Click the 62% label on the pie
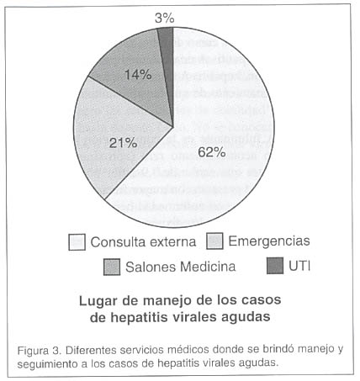(212, 152)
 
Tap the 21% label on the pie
(123, 143)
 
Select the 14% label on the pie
(138, 75)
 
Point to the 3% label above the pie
(165, 19)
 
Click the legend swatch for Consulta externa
(77, 242)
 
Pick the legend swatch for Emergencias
(214, 241)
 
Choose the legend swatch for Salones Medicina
(112, 267)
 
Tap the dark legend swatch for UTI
(275, 266)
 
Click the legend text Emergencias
(269, 241)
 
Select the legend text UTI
(299, 266)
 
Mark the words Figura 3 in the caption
(39, 351)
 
